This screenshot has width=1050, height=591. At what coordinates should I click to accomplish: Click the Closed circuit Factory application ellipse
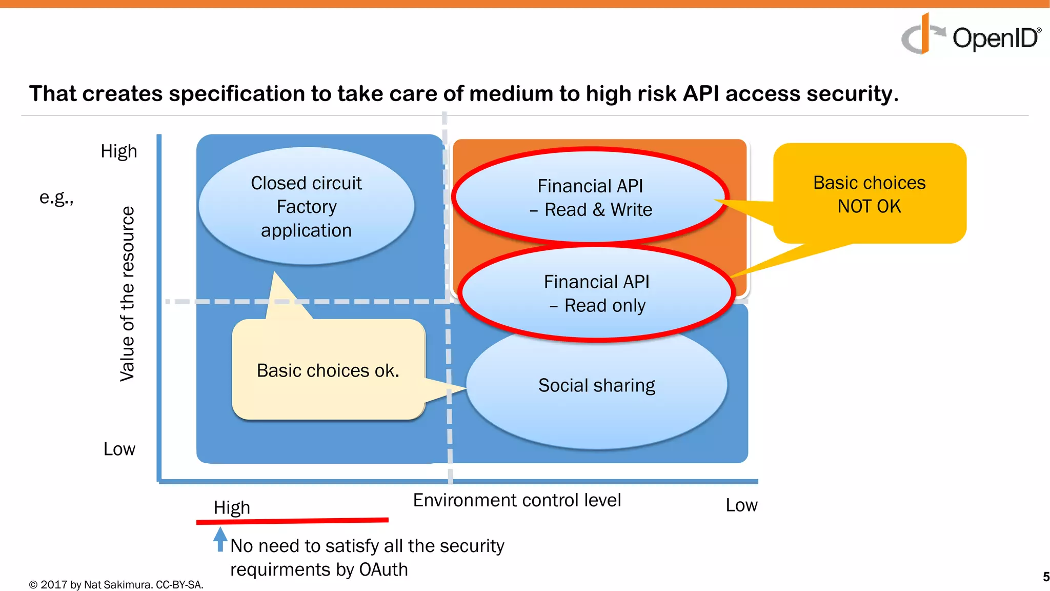306,206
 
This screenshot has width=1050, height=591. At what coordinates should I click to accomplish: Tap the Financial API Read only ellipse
596,293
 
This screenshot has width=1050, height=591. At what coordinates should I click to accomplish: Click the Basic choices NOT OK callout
869,194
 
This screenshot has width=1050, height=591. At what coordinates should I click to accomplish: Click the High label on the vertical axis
119,151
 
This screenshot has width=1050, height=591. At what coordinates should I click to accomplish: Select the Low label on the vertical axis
119,449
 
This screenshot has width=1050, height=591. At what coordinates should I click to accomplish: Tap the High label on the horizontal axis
232,507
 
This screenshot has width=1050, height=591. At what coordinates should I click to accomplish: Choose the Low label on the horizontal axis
741,505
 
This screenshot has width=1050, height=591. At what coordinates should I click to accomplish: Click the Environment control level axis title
517,500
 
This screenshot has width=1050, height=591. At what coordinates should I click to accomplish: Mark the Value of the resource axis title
127,294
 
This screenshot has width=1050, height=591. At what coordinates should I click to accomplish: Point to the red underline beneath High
292,521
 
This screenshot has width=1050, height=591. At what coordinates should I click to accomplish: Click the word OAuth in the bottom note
383,570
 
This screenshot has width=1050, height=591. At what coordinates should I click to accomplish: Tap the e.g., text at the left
56,198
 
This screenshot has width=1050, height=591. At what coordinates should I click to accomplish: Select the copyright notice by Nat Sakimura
116,585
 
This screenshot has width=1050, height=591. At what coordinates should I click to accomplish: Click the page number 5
1045,577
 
